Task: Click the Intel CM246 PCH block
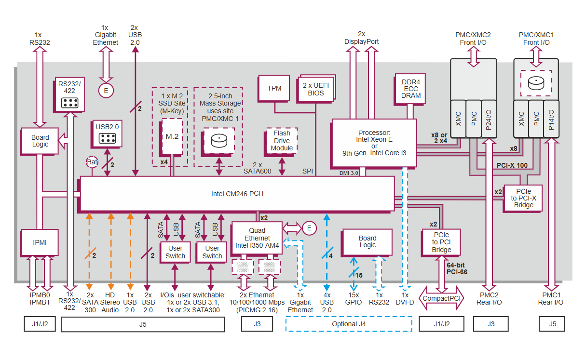coord(237,194)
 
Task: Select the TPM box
coord(274,88)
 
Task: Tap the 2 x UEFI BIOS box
coord(316,89)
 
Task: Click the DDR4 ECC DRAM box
coord(410,89)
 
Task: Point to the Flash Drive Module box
coord(282,141)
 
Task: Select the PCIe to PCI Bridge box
coord(441,242)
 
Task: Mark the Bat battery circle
coord(93,162)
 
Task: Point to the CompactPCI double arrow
coord(441,298)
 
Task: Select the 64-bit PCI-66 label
coord(457,268)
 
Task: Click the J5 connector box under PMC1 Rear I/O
coord(553,324)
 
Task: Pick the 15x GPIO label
coord(354,298)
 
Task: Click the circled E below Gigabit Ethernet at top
coord(106,90)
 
